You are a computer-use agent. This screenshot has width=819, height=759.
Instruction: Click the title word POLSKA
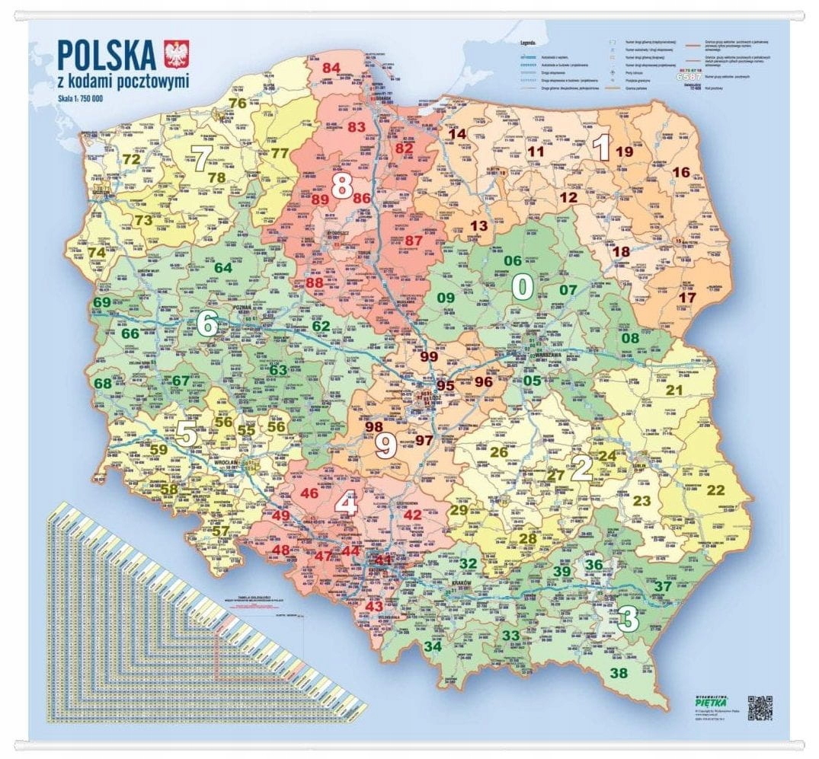tap(107, 56)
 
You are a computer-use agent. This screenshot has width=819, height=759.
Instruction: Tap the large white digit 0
tap(522, 287)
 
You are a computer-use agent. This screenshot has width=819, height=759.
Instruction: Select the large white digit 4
tap(347, 503)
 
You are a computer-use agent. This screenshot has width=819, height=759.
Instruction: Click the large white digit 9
tap(386, 445)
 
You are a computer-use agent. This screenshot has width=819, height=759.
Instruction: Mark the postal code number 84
tap(331, 68)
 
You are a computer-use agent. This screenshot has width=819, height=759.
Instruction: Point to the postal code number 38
tap(619, 672)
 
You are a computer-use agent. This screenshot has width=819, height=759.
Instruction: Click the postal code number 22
tap(715, 490)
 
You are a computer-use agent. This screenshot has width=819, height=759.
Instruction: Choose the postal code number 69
tap(101, 302)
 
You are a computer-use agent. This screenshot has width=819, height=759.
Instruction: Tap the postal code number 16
tap(680, 172)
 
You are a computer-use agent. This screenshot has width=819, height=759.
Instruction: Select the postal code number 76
tap(238, 104)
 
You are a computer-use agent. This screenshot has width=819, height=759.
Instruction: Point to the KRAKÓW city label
tap(462, 582)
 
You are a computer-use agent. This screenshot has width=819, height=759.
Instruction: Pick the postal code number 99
tap(429, 356)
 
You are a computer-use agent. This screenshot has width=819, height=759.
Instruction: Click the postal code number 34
tap(433, 646)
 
